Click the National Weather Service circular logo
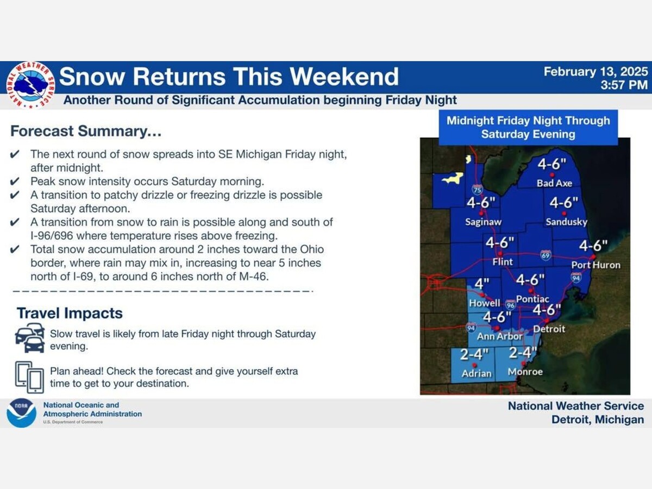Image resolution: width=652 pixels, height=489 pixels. coord(30,85)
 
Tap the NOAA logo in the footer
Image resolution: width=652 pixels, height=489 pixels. coord(21,413)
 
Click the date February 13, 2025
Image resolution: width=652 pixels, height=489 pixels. coord(595,72)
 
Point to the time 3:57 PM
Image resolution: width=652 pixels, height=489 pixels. coord(624,85)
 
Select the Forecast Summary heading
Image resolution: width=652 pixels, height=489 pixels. coord(86,131)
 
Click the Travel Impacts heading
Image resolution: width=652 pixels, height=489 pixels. coord(70,313)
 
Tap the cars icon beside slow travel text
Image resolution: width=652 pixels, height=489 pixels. coord(30,338)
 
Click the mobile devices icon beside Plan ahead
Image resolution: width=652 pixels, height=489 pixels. coord(29,377)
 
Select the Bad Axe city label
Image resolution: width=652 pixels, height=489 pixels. coord(554,183)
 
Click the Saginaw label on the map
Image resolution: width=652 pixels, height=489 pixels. coord(483,222)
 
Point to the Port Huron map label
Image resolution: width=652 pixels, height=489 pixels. coord(596,265)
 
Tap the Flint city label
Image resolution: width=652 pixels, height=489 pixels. coord(503,261)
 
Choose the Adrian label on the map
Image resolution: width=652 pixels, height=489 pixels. coord(477,373)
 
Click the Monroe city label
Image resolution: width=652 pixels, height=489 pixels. coord(525,372)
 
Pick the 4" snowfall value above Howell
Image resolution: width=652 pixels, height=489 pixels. coord(482,284)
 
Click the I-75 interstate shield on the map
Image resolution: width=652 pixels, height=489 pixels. coord(477,189)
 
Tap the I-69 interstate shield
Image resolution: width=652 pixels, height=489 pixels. coord(546,255)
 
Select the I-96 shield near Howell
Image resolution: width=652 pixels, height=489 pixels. coord(511,305)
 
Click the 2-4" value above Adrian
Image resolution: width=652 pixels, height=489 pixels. coord(474,354)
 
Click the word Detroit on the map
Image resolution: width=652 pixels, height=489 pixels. coord(549,329)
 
